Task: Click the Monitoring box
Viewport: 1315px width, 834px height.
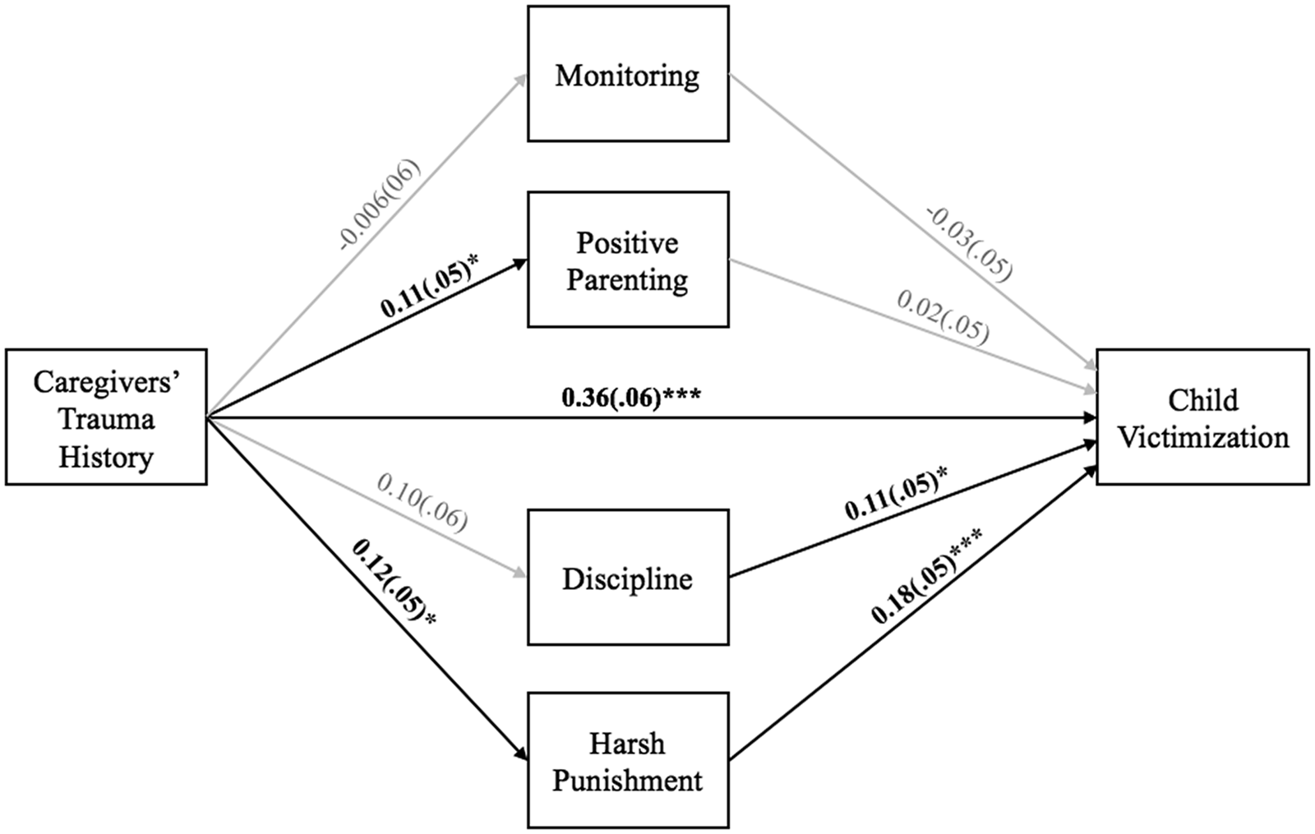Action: click(x=628, y=74)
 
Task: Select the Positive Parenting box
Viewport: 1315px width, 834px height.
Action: click(x=628, y=260)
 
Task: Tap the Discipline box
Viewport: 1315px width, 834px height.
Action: click(x=628, y=578)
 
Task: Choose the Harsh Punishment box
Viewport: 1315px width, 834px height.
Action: click(x=628, y=760)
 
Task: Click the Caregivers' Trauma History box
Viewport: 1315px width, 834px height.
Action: click(x=106, y=417)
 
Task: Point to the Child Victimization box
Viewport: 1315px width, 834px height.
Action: click(x=1202, y=417)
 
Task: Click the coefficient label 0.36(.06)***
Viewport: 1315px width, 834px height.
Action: click(x=631, y=399)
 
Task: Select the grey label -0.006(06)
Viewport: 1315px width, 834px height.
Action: click(x=377, y=205)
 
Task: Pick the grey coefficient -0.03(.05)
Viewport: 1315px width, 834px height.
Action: click(x=969, y=244)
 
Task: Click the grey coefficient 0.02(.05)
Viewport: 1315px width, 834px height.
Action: click(x=943, y=316)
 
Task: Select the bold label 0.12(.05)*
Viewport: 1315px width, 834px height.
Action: click(x=394, y=582)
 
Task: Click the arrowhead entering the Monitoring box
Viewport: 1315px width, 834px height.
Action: click(x=521, y=76)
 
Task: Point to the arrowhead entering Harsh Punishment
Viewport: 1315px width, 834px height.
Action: click(x=521, y=756)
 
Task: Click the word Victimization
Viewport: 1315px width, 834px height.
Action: click(x=1202, y=437)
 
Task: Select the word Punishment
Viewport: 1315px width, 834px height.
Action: click(x=628, y=780)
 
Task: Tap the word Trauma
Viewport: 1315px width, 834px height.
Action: click(x=106, y=419)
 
